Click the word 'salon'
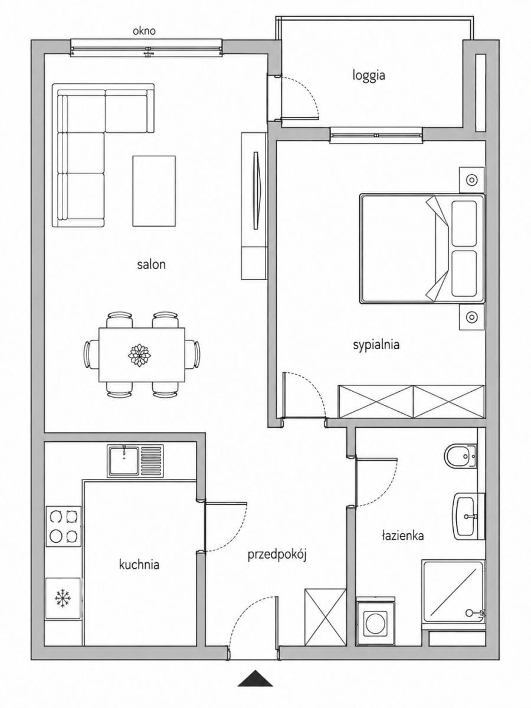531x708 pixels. point(151,264)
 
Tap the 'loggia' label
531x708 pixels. point(369,76)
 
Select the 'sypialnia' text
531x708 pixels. point(376,345)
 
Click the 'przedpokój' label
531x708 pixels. point(277,555)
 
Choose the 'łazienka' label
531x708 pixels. point(403,536)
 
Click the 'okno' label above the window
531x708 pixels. point(144,31)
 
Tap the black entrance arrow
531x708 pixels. point(255,688)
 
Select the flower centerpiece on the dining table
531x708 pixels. point(139,355)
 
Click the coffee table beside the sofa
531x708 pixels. point(154,191)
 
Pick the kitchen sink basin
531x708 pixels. point(124,457)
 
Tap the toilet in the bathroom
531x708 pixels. point(460,456)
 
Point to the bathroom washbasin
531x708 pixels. point(466,516)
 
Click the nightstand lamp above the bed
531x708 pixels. point(471,180)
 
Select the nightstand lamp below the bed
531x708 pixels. point(471,317)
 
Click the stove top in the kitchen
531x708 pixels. point(64,526)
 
